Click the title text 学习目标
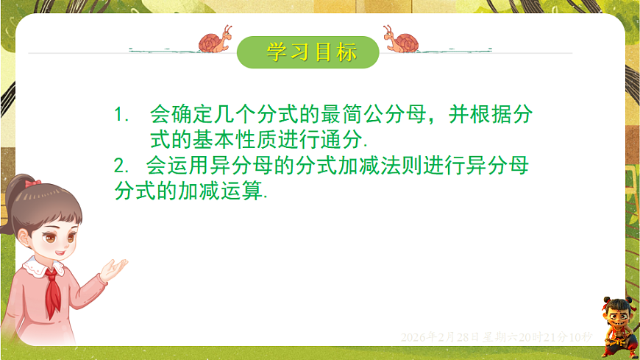[x=311, y=53]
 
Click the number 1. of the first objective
[x=121, y=115]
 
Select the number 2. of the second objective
[x=121, y=166]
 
